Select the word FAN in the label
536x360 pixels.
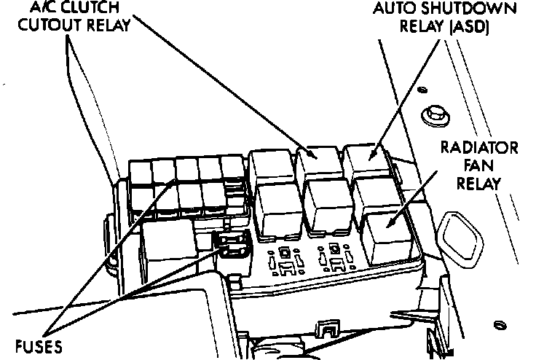coord(481,166)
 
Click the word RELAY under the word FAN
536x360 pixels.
coord(480,183)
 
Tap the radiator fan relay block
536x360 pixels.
coord(386,237)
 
